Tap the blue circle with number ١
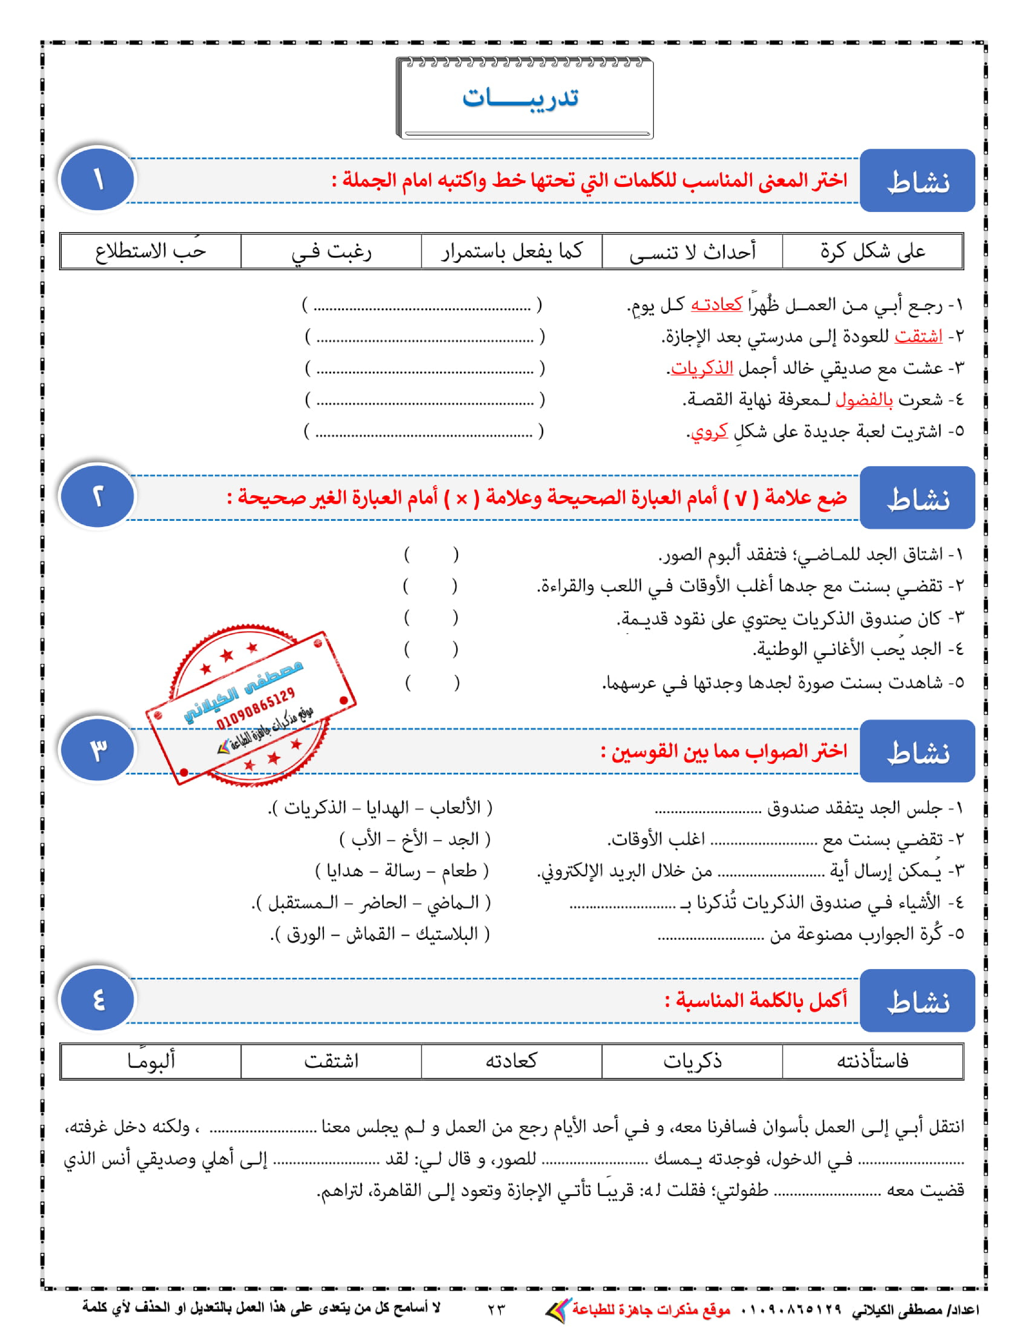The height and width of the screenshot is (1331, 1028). click(x=98, y=179)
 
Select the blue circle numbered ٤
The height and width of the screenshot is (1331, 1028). click(x=98, y=1000)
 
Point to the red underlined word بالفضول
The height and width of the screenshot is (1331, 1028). click(x=864, y=400)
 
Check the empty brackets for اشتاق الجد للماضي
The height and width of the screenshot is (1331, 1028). click(x=431, y=555)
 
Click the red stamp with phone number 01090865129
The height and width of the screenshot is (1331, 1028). click(x=250, y=707)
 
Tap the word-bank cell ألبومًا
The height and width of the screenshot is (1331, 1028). click(x=151, y=1061)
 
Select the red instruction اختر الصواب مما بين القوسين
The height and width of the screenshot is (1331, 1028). click(x=724, y=751)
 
